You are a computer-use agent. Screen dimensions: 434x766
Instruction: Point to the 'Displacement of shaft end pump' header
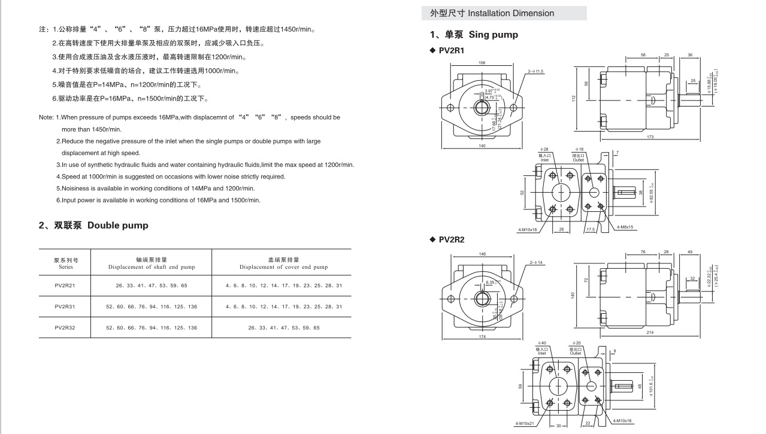point(152,267)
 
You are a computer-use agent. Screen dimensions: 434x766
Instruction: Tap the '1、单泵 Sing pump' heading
point(474,35)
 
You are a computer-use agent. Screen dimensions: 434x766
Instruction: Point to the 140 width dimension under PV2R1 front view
point(482,146)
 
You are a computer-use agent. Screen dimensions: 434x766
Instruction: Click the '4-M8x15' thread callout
point(625,227)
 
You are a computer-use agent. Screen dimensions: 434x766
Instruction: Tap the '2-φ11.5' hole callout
point(535,72)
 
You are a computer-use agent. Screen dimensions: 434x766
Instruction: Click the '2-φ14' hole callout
point(536,263)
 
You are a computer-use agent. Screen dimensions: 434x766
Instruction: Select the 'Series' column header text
point(66,267)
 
